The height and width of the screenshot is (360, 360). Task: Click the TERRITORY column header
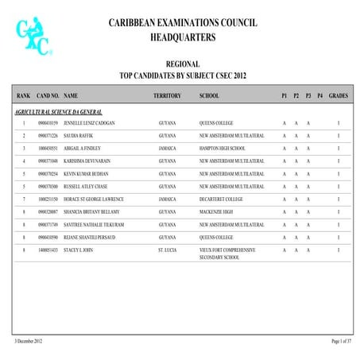(167, 95)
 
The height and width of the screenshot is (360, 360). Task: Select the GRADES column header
(338, 95)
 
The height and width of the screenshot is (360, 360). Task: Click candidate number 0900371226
(48, 136)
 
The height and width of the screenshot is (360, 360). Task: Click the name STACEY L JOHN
(81, 250)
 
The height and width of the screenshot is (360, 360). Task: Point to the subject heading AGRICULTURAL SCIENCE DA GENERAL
(58, 112)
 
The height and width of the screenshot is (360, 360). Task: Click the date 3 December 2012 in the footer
(28, 340)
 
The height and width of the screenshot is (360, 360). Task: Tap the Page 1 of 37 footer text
(341, 340)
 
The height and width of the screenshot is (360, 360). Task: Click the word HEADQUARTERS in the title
(182, 37)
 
